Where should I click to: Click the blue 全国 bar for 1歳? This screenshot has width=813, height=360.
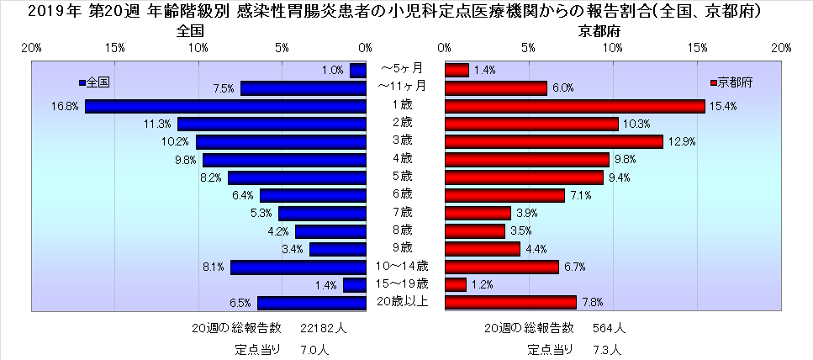(225, 106)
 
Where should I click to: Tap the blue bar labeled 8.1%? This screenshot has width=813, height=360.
(298, 267)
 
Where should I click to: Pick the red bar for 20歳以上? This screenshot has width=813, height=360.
(509, 303)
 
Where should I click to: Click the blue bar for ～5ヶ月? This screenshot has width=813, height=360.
(358, 71)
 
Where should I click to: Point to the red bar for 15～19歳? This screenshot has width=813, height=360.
(455, 285)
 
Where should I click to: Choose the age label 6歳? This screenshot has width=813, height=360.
(403, 193)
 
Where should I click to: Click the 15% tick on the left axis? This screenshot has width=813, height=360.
(116, 48)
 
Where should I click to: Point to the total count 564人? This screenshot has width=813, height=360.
(609, 327)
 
